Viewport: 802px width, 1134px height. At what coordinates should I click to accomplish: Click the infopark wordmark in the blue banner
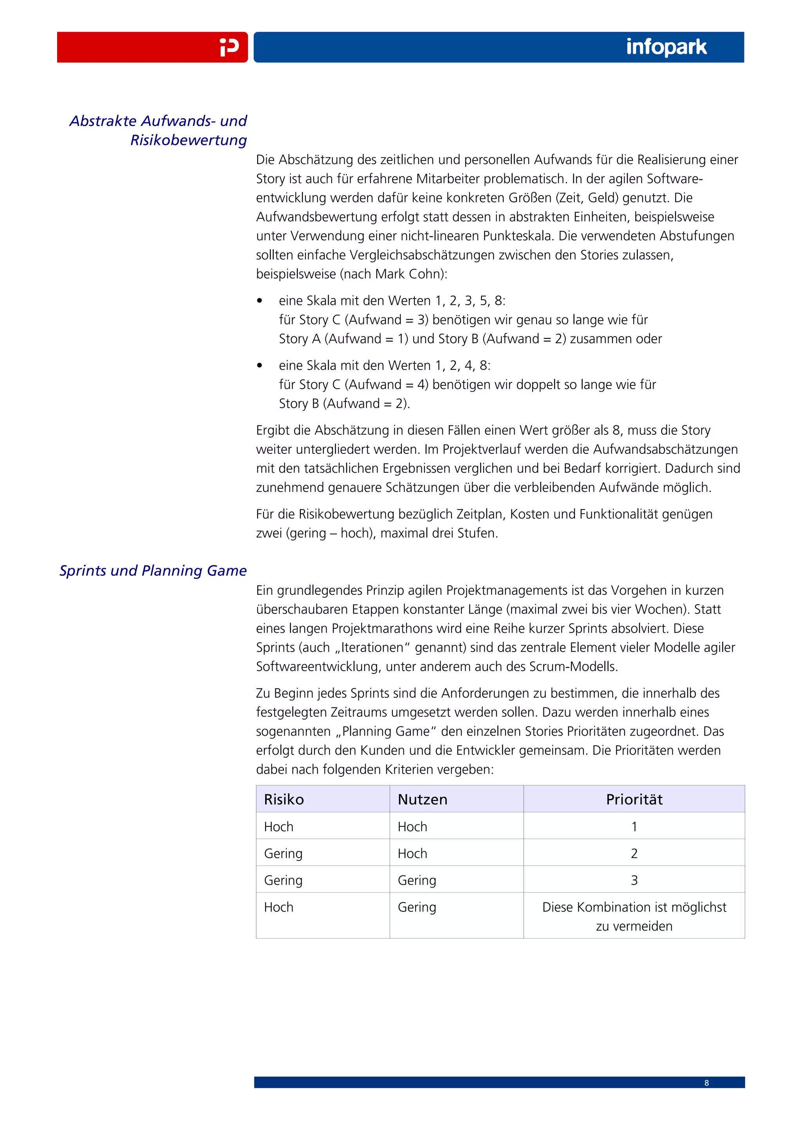(666, 47)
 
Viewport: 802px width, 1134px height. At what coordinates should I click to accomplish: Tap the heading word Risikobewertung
(188, 140)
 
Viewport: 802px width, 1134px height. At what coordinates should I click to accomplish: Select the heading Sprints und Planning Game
(153, 571)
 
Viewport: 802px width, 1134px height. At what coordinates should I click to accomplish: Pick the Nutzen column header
(422, 799)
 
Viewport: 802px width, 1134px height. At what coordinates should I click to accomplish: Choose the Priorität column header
(634, 799)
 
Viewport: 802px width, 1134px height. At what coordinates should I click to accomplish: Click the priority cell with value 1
(634, 826)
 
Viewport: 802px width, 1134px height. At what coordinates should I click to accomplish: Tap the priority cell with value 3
(634, 880)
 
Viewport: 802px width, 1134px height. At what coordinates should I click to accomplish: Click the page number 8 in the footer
(706, 1083)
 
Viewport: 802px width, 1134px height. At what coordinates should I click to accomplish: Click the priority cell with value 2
(634, 853)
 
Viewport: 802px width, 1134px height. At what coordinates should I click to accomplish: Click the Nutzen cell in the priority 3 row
(417, 880)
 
